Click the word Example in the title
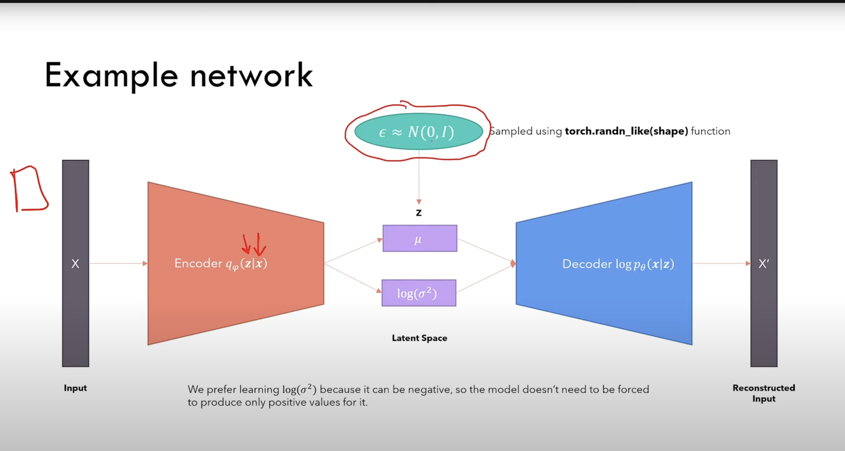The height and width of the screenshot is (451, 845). coord(112,76)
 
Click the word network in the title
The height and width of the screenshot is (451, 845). coord(251,76)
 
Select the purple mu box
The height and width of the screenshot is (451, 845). coord(420,239)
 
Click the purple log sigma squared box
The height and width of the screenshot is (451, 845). coord(419,293)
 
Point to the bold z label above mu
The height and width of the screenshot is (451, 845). coord(419,213)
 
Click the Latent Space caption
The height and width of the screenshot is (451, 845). coord(419,338)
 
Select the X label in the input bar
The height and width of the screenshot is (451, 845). coord(75,263)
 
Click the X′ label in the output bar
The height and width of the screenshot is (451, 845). coord(763,263)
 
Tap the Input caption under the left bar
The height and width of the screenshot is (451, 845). coord(75,388)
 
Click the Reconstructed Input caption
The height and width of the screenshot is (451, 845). coord(764,393)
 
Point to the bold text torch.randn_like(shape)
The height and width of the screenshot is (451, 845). coord(626,131)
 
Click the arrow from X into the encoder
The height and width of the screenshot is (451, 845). coord(118,263)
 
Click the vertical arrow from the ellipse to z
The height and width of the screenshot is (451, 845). coord(419,179)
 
